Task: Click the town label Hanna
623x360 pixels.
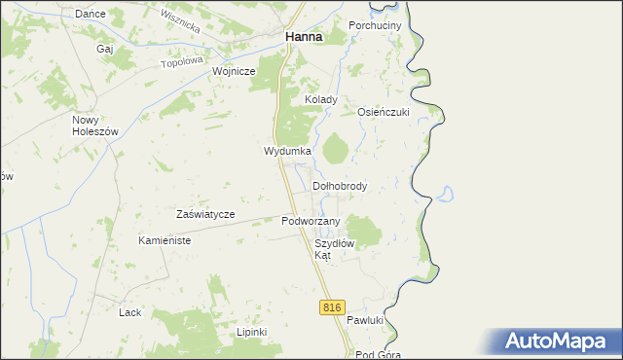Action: (303, 37)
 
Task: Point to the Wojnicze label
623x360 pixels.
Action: (234, 71)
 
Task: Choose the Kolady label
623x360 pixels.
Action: (321, 99)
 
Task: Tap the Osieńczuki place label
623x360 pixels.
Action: (385, 111)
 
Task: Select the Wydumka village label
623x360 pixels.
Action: (287, 152)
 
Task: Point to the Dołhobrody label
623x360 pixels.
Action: (340, 185)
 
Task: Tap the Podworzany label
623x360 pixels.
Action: (311, 221)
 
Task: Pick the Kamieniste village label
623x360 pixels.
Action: (164, 239)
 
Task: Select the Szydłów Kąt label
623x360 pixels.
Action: (335, 248)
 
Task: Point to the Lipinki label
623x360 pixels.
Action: (251, 331)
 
